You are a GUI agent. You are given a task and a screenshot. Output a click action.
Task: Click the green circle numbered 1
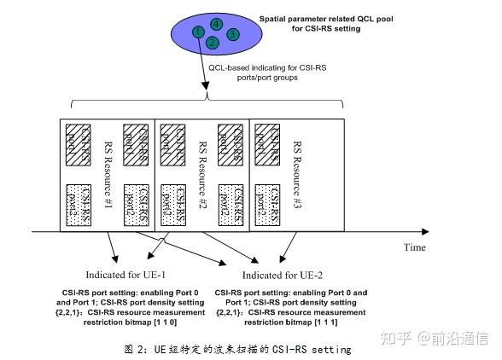point(197,32)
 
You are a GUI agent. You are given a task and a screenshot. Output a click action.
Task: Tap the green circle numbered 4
point(217,22)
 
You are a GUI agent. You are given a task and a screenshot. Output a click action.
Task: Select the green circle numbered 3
point(232,34)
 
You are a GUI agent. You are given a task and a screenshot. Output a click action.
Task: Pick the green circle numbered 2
point(213,40)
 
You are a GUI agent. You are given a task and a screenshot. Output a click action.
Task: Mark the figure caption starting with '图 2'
point(248,349)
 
